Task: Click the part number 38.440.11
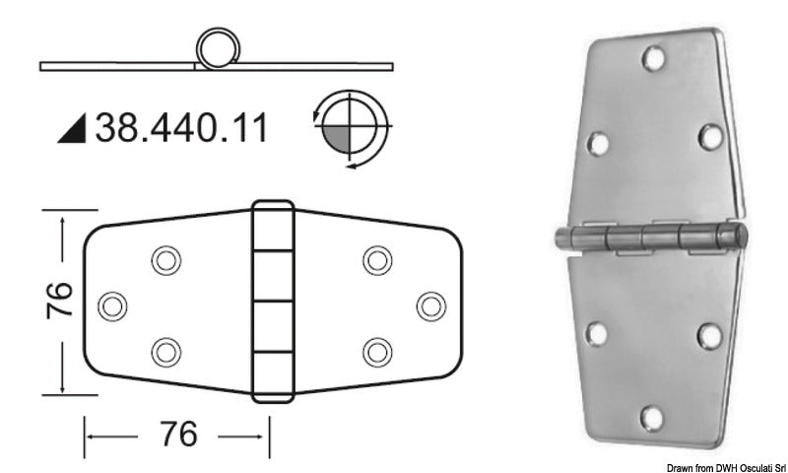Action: [180, 127]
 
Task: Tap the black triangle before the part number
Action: [73, 128]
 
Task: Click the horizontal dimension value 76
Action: [174, 433]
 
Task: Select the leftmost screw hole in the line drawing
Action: [113, 305]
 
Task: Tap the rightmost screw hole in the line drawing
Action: [429, 305]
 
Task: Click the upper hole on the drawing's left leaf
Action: [164, 260]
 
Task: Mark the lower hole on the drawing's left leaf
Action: [164, 351]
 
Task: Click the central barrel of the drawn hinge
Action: [273, 303]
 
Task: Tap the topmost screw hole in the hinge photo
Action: [652, 59]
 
